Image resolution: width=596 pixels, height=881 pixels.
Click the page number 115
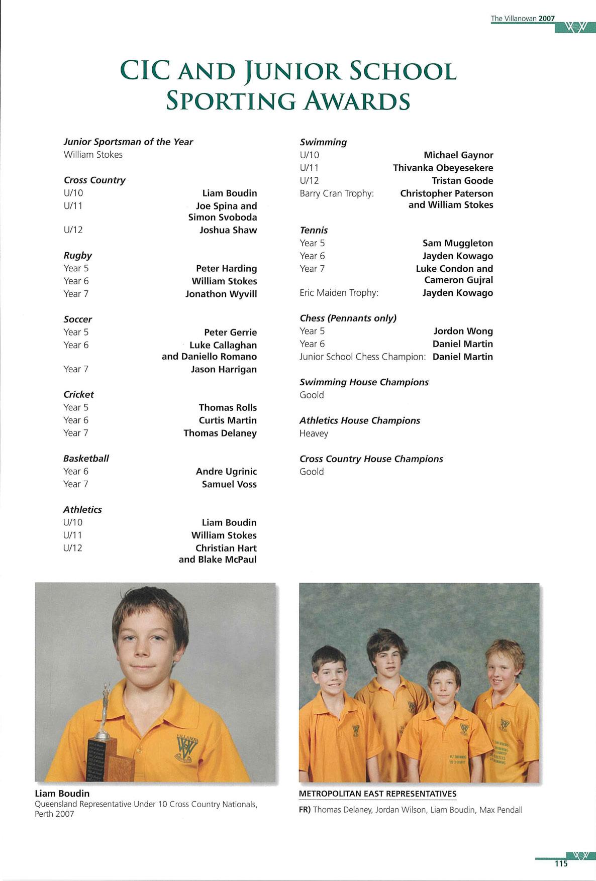(x=561, y=863)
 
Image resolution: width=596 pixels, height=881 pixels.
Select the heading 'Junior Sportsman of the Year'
(x=128, y=142)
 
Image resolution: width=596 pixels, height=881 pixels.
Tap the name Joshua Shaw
(x=228, y=230)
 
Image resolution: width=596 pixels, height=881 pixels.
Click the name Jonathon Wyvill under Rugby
(x=221, y=294)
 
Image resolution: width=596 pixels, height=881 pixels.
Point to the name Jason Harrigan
(x=224, y=369)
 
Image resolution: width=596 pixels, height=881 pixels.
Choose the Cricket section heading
(x=78, y=394)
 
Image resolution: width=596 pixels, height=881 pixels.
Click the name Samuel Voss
(x=229, y=484)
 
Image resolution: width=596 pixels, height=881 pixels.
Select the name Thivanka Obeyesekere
(x=443, y=168)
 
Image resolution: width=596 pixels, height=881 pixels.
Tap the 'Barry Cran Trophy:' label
(x=337, y=193)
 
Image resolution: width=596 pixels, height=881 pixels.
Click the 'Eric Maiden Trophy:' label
(x=339, y=292)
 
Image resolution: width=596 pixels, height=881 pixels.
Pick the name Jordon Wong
(x=463, y=331)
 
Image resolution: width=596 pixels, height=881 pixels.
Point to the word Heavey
(x=314, y=433)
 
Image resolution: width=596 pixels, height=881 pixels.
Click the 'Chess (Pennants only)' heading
(x=348, y=318)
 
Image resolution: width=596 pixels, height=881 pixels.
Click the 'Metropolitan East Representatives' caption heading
(x=377, y=794)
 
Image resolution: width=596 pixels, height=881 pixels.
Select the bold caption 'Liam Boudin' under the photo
(x=62, y=793)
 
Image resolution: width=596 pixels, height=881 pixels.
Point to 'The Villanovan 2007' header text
(x=523, y=19)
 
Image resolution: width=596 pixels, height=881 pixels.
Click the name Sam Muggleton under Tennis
(x=457, y=243)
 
